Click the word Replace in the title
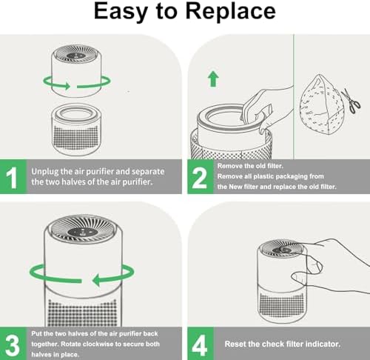[231, 12]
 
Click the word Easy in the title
[121, 12]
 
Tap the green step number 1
[12, 178]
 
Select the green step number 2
[199, 178]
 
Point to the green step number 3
[13, 345]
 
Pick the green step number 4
[200, 345]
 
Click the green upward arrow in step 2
[213, 79]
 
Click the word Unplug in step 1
[45, 172]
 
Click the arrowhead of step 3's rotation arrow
[98, 280]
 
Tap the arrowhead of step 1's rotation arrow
[67, 86]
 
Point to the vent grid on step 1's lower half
[76, 137]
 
